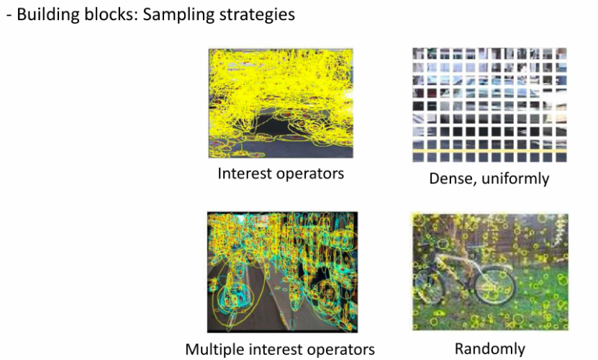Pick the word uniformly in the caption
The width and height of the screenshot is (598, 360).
515,179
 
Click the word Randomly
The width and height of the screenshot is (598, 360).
489,348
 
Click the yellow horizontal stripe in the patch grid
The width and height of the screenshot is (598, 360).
489,151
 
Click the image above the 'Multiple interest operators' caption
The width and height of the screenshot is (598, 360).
282,272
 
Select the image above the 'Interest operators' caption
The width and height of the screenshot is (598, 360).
281,103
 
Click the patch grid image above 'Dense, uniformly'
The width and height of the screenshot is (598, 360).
489,105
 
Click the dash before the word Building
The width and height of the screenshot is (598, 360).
9,16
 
